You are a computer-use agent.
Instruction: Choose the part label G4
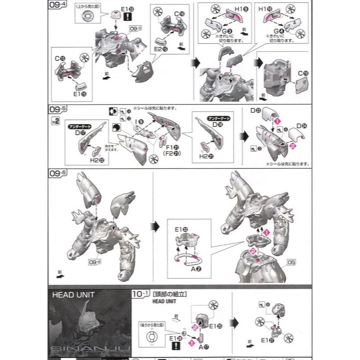tap(272, 30)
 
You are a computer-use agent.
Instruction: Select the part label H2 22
tap(98, 160)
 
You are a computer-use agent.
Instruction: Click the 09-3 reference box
tap(135, 28)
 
